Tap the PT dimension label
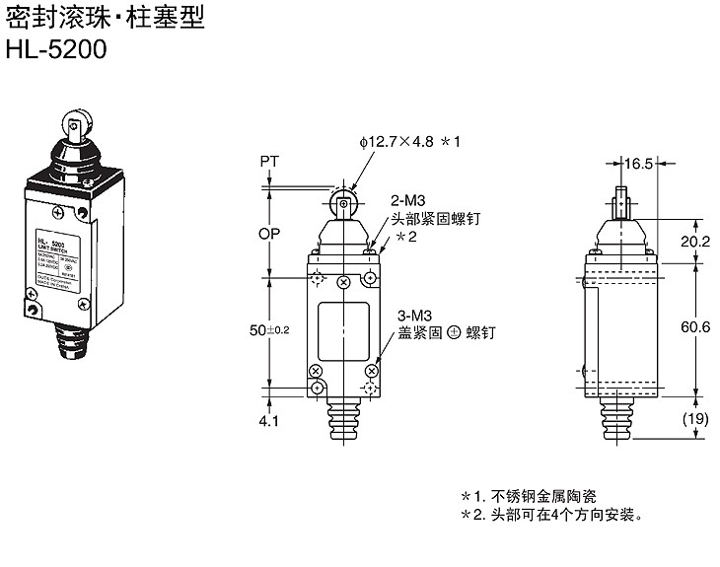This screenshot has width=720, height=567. [270, 160]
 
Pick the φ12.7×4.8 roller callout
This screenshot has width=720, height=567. [410, 142]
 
